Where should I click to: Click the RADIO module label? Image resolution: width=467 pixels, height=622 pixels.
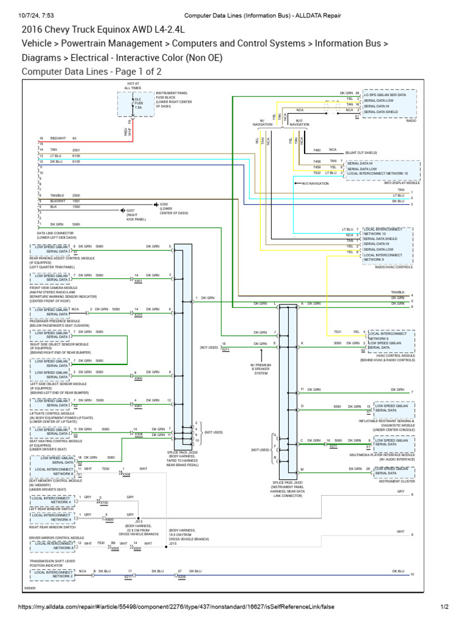pos(411,121)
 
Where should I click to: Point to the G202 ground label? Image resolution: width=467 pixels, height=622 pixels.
pos(163,204)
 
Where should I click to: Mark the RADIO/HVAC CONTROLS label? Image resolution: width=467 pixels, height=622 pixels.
pos(394,267)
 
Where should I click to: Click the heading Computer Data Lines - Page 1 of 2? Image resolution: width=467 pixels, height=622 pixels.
pos(91,71)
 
